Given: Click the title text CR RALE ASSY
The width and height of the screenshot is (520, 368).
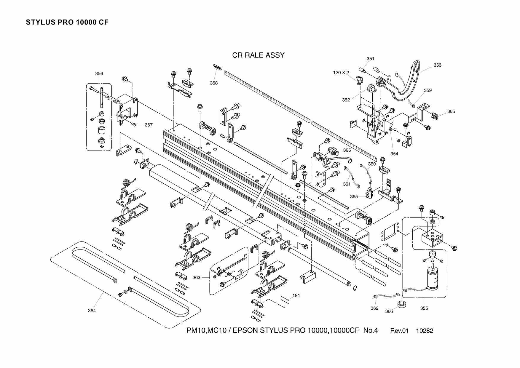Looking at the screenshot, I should click(x=258, y=55).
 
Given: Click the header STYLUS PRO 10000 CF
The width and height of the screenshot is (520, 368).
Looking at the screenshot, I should click(x=67, y=23).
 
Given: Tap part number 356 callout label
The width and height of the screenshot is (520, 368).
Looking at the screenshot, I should click(x=99, y=73).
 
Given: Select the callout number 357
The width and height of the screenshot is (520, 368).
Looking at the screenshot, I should click(x=149, y=125).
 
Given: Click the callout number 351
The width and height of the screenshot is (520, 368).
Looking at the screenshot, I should click(x=370, y=59).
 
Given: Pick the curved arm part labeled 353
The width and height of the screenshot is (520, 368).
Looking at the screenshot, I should click(x=409, y=86).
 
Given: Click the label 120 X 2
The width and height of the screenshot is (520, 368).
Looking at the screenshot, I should click(x=341, y=73).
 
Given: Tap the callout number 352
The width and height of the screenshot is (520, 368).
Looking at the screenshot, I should click(x=346, y=100).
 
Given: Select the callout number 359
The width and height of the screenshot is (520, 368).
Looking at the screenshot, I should click(x=428, y=90).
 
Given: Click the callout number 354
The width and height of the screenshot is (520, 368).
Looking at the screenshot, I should click(x=394, y=153).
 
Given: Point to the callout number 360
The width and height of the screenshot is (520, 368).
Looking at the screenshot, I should click(x=372, y=164).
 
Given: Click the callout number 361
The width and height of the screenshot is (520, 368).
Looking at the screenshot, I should click(x=347, y=184).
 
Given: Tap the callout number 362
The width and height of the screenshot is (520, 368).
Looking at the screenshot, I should click(x=374, y=308).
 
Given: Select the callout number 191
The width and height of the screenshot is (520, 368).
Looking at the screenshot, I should click(x=296, y=295).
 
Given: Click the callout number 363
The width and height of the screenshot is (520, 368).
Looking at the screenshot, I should click(x=197, y=278).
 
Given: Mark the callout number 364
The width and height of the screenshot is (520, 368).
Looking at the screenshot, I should click(x=92, y=311).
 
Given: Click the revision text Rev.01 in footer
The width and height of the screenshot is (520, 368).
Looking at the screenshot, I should click(x=399, y=331).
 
